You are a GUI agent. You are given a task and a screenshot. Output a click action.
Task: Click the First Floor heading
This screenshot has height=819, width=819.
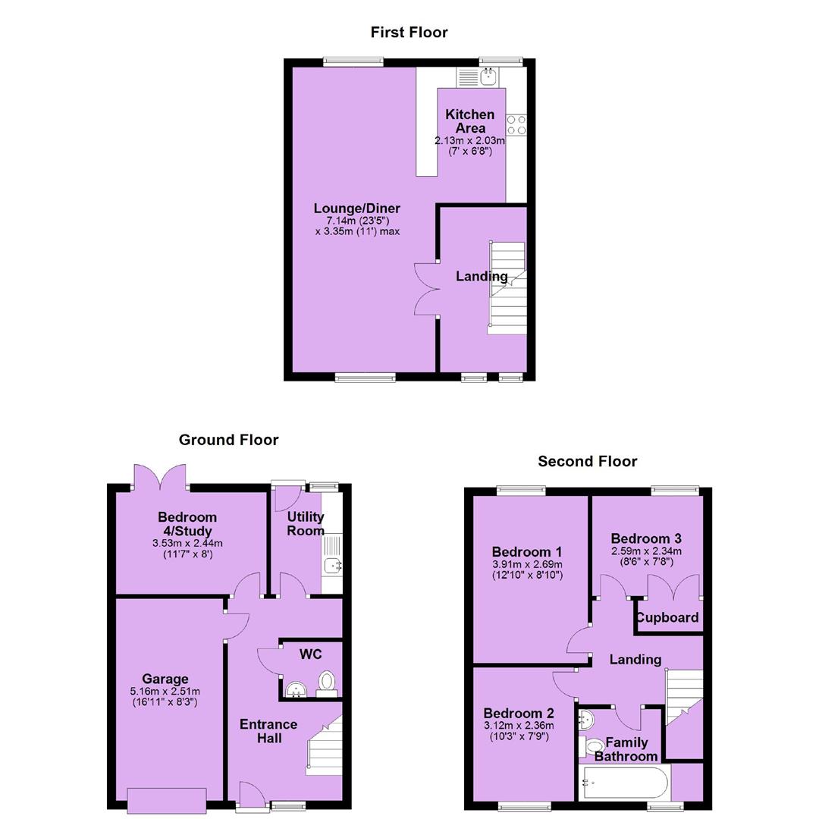point(409,33)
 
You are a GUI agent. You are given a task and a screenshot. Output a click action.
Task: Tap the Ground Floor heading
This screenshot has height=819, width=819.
point(228,440)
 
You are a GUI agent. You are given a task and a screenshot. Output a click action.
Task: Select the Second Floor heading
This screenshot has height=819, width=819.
point(588,461)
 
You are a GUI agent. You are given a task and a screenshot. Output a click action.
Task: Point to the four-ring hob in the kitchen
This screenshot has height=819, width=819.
point(516,125)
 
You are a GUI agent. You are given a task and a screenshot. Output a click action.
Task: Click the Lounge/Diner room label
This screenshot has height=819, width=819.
point(356,209)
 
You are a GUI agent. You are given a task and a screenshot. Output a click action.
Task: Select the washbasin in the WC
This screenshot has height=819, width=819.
point(296,689)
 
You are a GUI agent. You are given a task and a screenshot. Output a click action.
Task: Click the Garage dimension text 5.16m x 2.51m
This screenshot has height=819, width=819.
point(165,691)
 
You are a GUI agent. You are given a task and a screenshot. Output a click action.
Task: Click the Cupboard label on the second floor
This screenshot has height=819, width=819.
point(667,618)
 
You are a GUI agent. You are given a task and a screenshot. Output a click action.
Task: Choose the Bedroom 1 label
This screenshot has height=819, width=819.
point(527,552)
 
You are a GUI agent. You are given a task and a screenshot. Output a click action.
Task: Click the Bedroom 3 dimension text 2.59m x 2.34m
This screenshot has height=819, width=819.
point(646,551)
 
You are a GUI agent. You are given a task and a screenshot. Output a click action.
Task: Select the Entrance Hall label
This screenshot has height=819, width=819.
point(268,731)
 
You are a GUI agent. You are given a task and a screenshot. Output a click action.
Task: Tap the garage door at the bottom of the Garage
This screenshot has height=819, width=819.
point(167,801)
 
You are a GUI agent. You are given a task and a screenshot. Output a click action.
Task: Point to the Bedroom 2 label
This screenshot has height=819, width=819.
point(519,714)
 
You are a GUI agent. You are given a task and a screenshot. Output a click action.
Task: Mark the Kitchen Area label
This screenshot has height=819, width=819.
point(470,121)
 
